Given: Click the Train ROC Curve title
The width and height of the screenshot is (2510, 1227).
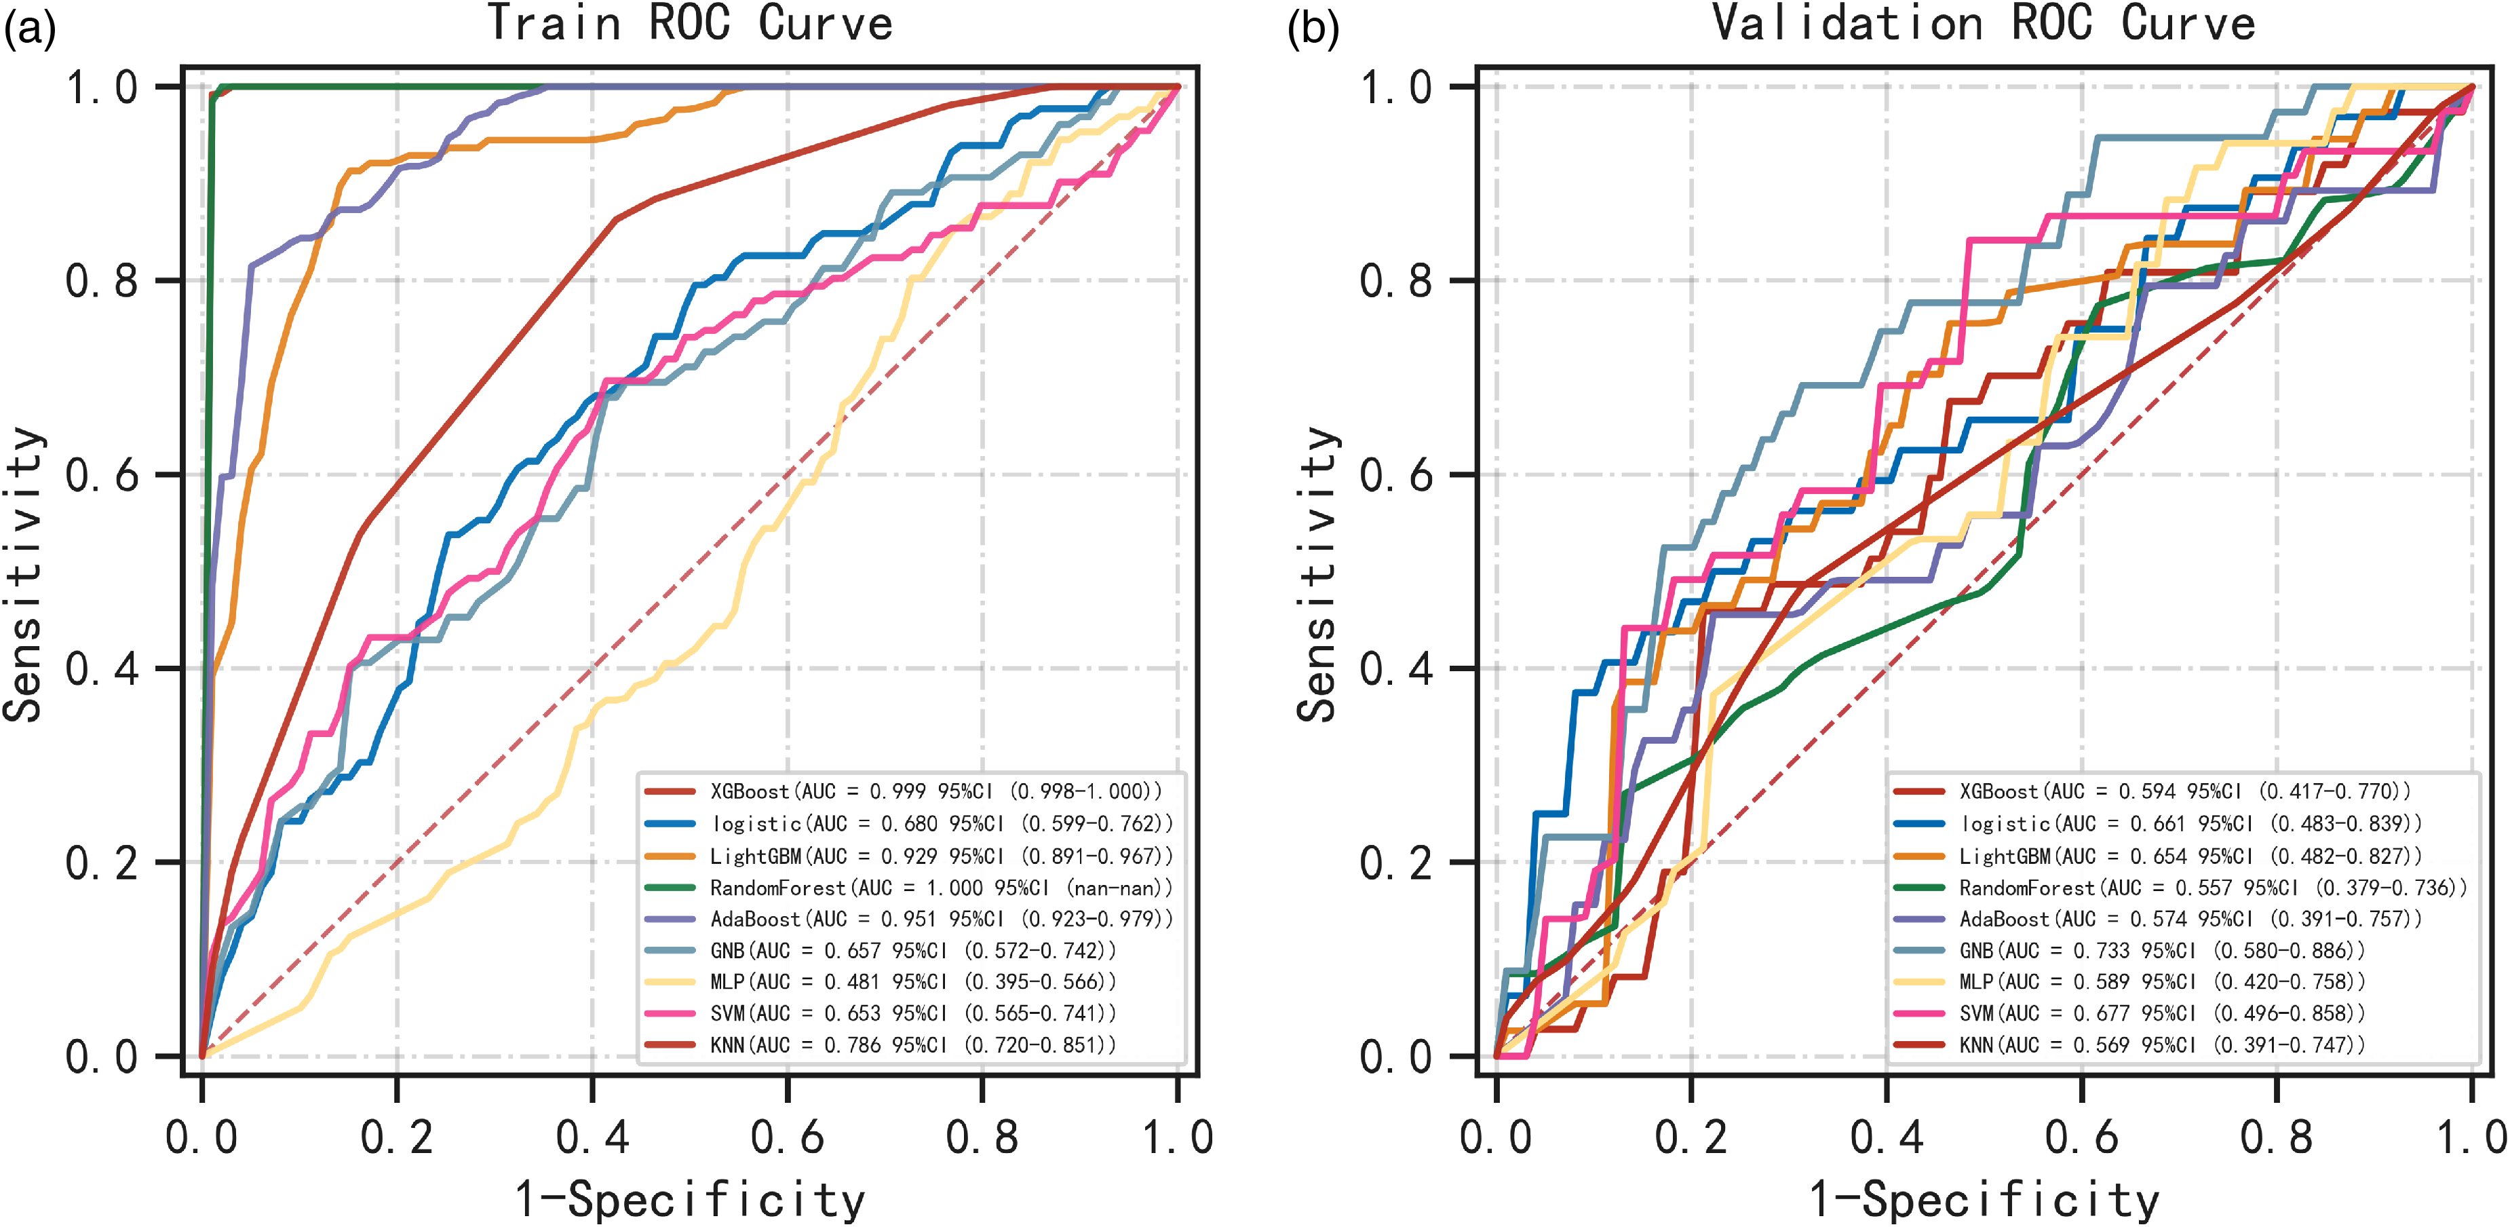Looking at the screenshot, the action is pyautogui.click(x=689, y=22).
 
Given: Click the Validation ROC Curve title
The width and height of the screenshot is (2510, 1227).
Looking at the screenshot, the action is pyautogui.click(x=1983, y=22).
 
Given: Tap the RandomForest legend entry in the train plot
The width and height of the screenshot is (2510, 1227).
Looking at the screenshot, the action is pyautogui.click(x=908, y=888).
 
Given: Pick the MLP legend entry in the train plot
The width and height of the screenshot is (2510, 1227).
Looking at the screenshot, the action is pyautogui.click(x=880, y=981).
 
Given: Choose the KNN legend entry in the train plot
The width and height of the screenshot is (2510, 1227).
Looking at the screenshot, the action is pyautogui.click(x=880, y=1044).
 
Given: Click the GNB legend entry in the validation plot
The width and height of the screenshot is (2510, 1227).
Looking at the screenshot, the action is pyautogui.click(x=2129, y=950).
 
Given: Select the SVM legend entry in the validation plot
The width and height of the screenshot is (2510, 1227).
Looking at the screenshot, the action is pyautogui.click(x=2129, y=1014).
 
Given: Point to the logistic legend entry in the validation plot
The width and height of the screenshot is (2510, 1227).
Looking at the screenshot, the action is pyautogui.click(x=2158, y=823).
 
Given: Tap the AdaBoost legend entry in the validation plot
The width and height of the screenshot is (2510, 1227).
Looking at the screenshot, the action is pyautogui.click(x=2158, y=919).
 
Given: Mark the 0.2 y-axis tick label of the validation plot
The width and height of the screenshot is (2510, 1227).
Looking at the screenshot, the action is pyautogui.click(x=1395, y=863).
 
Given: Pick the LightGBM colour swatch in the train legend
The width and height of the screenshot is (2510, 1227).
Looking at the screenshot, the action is pyautogui.click(x=670, y=856).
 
